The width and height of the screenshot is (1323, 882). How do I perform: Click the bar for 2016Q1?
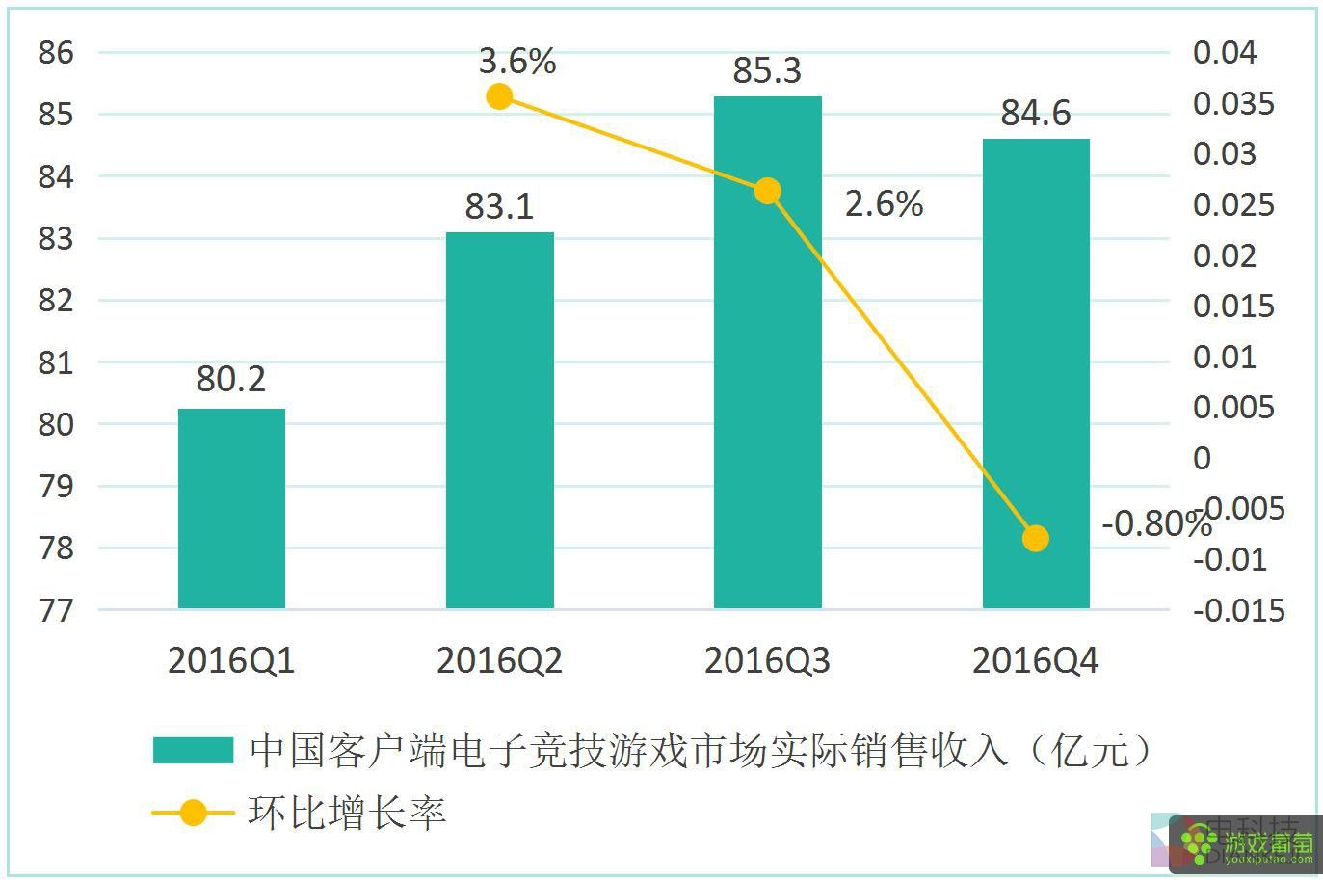[x=231, y=508]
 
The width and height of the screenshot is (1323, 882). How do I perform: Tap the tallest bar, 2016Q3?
[x=767, y=386]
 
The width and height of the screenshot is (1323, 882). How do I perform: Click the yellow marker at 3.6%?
[x=499, y=96]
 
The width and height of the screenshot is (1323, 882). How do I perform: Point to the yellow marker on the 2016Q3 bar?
[x=767, y=191]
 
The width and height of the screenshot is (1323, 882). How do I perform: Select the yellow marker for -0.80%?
[x=1035, y=538]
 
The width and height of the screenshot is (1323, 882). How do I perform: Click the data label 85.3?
[x=767, y=70]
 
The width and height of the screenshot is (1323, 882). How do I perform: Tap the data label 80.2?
[x=231, y=379]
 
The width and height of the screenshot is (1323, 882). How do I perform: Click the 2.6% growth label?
[x=884, y=203]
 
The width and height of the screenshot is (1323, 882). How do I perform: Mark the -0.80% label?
[x=1154, y=523]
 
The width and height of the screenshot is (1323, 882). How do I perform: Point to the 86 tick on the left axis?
[x=56, y=52]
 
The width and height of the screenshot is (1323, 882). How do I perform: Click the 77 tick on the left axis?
[x=56, y=610]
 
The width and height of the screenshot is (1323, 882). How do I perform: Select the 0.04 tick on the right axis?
[x=1224, y=52]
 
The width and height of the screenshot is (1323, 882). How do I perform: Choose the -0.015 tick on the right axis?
[x=1238, y=610]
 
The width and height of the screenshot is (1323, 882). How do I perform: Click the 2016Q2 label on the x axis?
[x=499, y=661]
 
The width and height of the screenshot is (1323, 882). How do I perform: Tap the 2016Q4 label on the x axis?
[x=1035, y=661]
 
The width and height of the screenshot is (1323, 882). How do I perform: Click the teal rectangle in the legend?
[x=193, y=750]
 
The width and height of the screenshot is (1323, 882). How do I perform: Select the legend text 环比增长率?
[x=347, y=813]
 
